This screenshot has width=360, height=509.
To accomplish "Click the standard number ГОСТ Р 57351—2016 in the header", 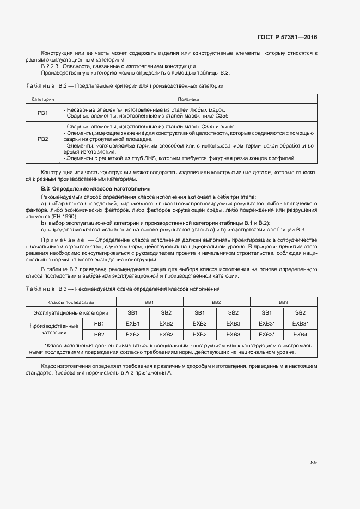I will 288,37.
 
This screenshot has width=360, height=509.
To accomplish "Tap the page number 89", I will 314,463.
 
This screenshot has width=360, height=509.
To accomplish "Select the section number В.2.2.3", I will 52,66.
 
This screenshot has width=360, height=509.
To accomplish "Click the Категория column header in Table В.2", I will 42,100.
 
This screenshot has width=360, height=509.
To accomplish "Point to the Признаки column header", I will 188,100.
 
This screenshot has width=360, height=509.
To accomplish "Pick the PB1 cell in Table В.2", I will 42,113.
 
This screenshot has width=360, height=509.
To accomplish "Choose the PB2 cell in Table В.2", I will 42,140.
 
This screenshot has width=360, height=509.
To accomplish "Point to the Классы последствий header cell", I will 71,302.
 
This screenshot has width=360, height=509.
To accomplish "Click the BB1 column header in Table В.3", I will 149,302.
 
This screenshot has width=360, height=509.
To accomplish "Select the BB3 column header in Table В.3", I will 283,302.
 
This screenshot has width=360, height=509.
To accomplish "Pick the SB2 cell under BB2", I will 233,312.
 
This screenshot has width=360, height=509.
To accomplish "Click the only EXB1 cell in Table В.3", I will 133,323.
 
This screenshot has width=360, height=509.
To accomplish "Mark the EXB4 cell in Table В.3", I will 300,334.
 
